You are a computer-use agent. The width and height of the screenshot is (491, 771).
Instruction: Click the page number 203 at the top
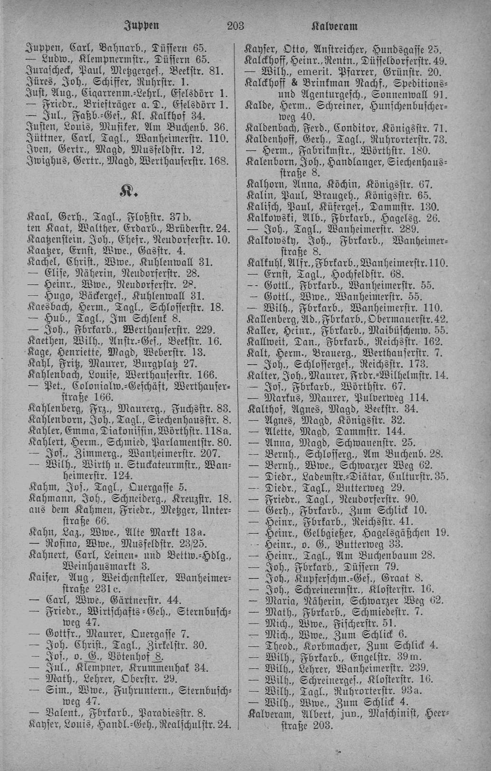click(236, 26)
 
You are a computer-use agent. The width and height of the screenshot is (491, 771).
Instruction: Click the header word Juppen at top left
click(141, 26)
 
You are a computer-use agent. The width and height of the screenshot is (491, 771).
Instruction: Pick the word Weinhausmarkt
click(99, 566)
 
